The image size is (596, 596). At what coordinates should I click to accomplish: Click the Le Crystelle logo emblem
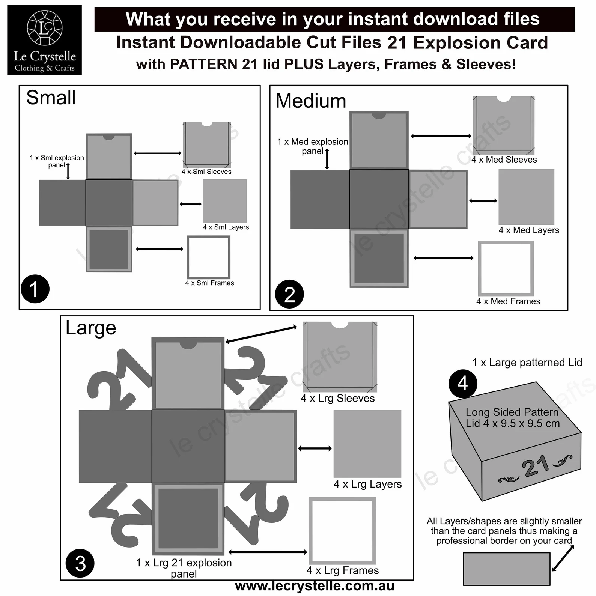pyautogui.click(x=45, y=28)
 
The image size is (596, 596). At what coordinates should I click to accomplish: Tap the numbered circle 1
pyautogui.click(x=35, y=289)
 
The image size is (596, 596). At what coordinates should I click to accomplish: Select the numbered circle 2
pyautogui.click(x=289, y=294)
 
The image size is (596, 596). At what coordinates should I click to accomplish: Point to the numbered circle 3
pyautogui.click(x=80, y=563)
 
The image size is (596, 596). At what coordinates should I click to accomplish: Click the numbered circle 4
pyautogui.click(x=462, y=384)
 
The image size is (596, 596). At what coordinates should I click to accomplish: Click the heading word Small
pyautogui.click(x=51, y=98)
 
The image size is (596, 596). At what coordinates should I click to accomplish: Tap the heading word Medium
pyautogui.click(x=311, y=101)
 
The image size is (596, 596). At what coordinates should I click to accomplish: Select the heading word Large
pyautogui.click(x=91, y=328)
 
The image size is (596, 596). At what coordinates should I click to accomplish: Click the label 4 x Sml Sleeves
pyautogui.click(x=206, y=172)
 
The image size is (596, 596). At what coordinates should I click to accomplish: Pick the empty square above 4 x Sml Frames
pyautogui.click(x=209, y=257)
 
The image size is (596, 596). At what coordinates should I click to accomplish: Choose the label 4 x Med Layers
pyautogui.click(x=528, y=230)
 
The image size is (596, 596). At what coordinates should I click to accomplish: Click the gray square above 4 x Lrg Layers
pyautogui.click(x=367, y=444)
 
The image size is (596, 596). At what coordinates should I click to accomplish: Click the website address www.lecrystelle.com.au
pyautogui.click(x=315, y=585)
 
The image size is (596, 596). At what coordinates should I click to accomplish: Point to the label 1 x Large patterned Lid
pyautogui.click(x=527, y=363)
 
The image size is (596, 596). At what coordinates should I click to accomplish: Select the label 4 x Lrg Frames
pyautogui.click(x=342, y=570)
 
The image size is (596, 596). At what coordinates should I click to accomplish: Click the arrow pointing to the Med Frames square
pyautogui.click(x=443, y=258)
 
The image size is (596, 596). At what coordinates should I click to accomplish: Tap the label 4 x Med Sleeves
pyautogui.click(x=504, y=160)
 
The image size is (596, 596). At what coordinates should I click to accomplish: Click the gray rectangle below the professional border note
pyautogui.click(x=506, y=569)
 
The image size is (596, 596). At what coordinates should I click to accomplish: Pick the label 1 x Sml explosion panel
pyautogui.click(x=57, y=161)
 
